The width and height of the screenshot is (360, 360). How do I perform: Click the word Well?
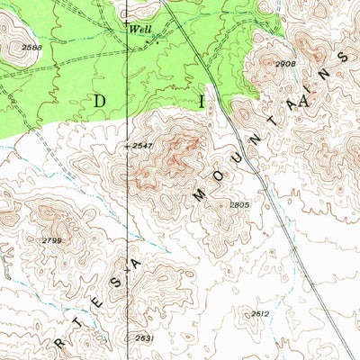pos(140,28)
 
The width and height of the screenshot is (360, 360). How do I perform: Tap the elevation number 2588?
pos(32,47)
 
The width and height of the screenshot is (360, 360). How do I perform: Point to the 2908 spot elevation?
pos(285,64)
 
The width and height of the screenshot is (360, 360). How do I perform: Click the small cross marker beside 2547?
pos(123,145)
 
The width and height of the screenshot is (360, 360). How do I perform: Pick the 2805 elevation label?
pos(239,205)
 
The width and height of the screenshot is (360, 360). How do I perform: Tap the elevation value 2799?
pos(50,240)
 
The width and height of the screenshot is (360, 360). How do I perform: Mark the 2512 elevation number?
pos(261,313)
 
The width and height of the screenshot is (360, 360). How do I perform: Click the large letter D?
pos(98,101)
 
